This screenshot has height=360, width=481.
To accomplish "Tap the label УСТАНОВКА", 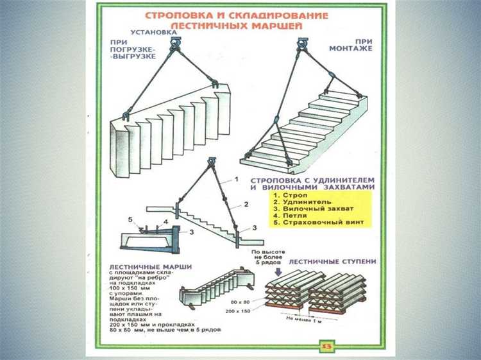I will [x=153, y=33].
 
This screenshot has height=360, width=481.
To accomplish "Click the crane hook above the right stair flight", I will [x=301, y=45].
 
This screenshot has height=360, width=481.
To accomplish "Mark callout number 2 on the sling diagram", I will [x=245, y=204].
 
